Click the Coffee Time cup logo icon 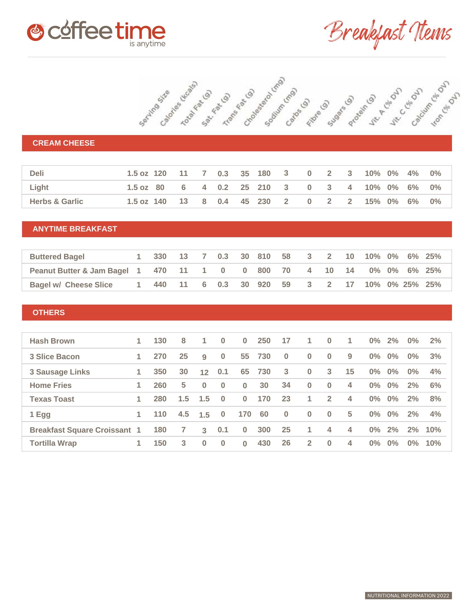(35, 33)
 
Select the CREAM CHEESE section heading (64, 143)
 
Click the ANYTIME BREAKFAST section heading (75, 229)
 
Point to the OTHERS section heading (49, 313)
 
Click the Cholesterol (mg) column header (264, 102)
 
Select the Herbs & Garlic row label (56, 201)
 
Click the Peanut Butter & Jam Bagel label (79, 271)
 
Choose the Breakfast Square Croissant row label (80, 430)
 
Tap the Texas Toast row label (52, 399)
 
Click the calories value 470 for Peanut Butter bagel (160, 270)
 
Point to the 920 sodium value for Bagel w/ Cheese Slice (264, 284)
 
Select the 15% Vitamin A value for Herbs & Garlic (372, 201)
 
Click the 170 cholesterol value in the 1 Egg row (245, 414)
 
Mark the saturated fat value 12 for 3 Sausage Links (204, 372)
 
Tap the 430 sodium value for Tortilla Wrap (264, 443)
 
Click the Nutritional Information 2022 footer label (408, 595)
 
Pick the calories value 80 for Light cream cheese (160, 187)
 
